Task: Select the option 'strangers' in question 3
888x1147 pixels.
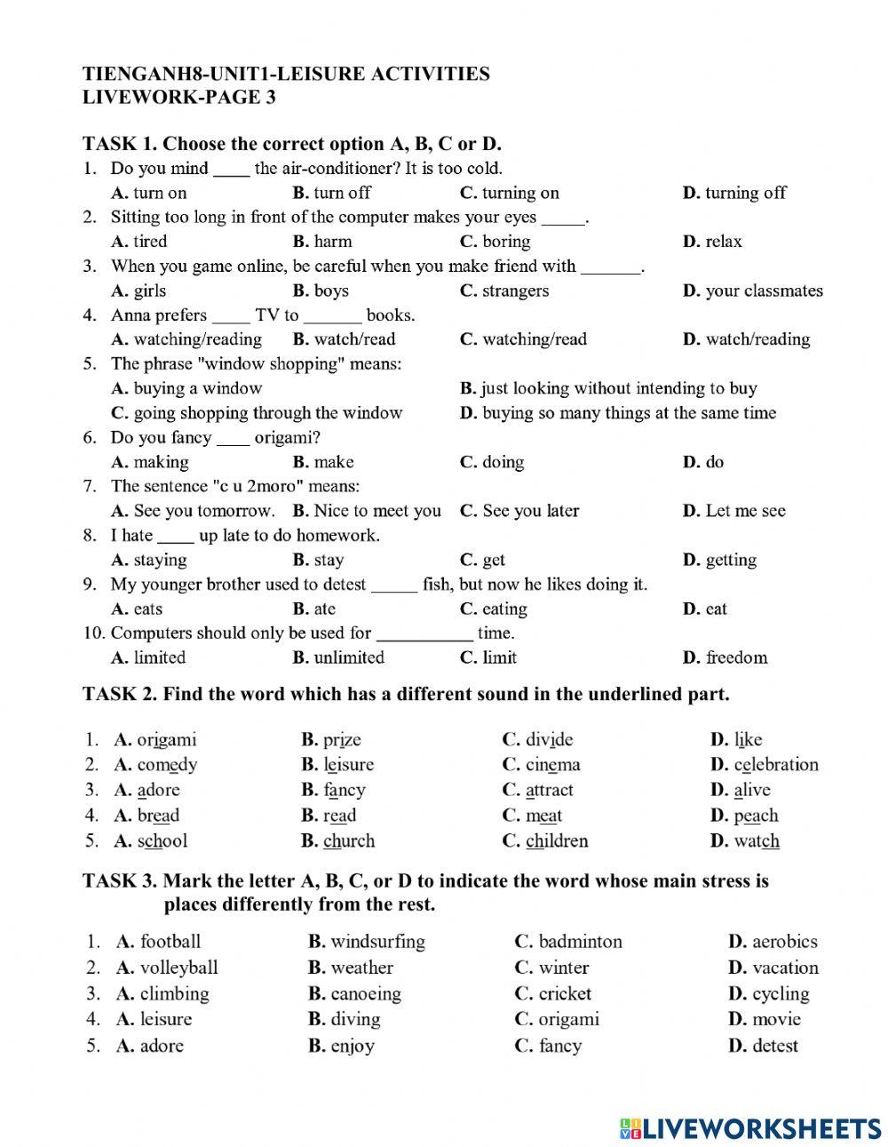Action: click(515, 291)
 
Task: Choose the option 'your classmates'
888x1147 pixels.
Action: click(764, 291)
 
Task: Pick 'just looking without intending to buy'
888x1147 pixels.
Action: click(619, 388)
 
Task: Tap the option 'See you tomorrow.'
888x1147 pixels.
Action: click(204, 511)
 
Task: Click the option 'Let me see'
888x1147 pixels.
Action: click(745, 511)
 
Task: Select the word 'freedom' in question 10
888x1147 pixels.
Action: click(736, 657)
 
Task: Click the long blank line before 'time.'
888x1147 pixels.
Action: click(424, 634)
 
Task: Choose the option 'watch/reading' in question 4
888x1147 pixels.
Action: click(757, 339)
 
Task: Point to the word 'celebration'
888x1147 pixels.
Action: click(775, 764)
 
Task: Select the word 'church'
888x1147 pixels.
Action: click(348, 840)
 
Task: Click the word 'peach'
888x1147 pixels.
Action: click(756, 816)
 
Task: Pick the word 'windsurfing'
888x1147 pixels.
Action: click(377, 942)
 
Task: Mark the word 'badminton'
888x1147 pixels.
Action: click(580, 942)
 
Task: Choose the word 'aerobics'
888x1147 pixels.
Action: click(784, 942)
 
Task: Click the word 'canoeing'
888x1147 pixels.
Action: click(365, 993)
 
